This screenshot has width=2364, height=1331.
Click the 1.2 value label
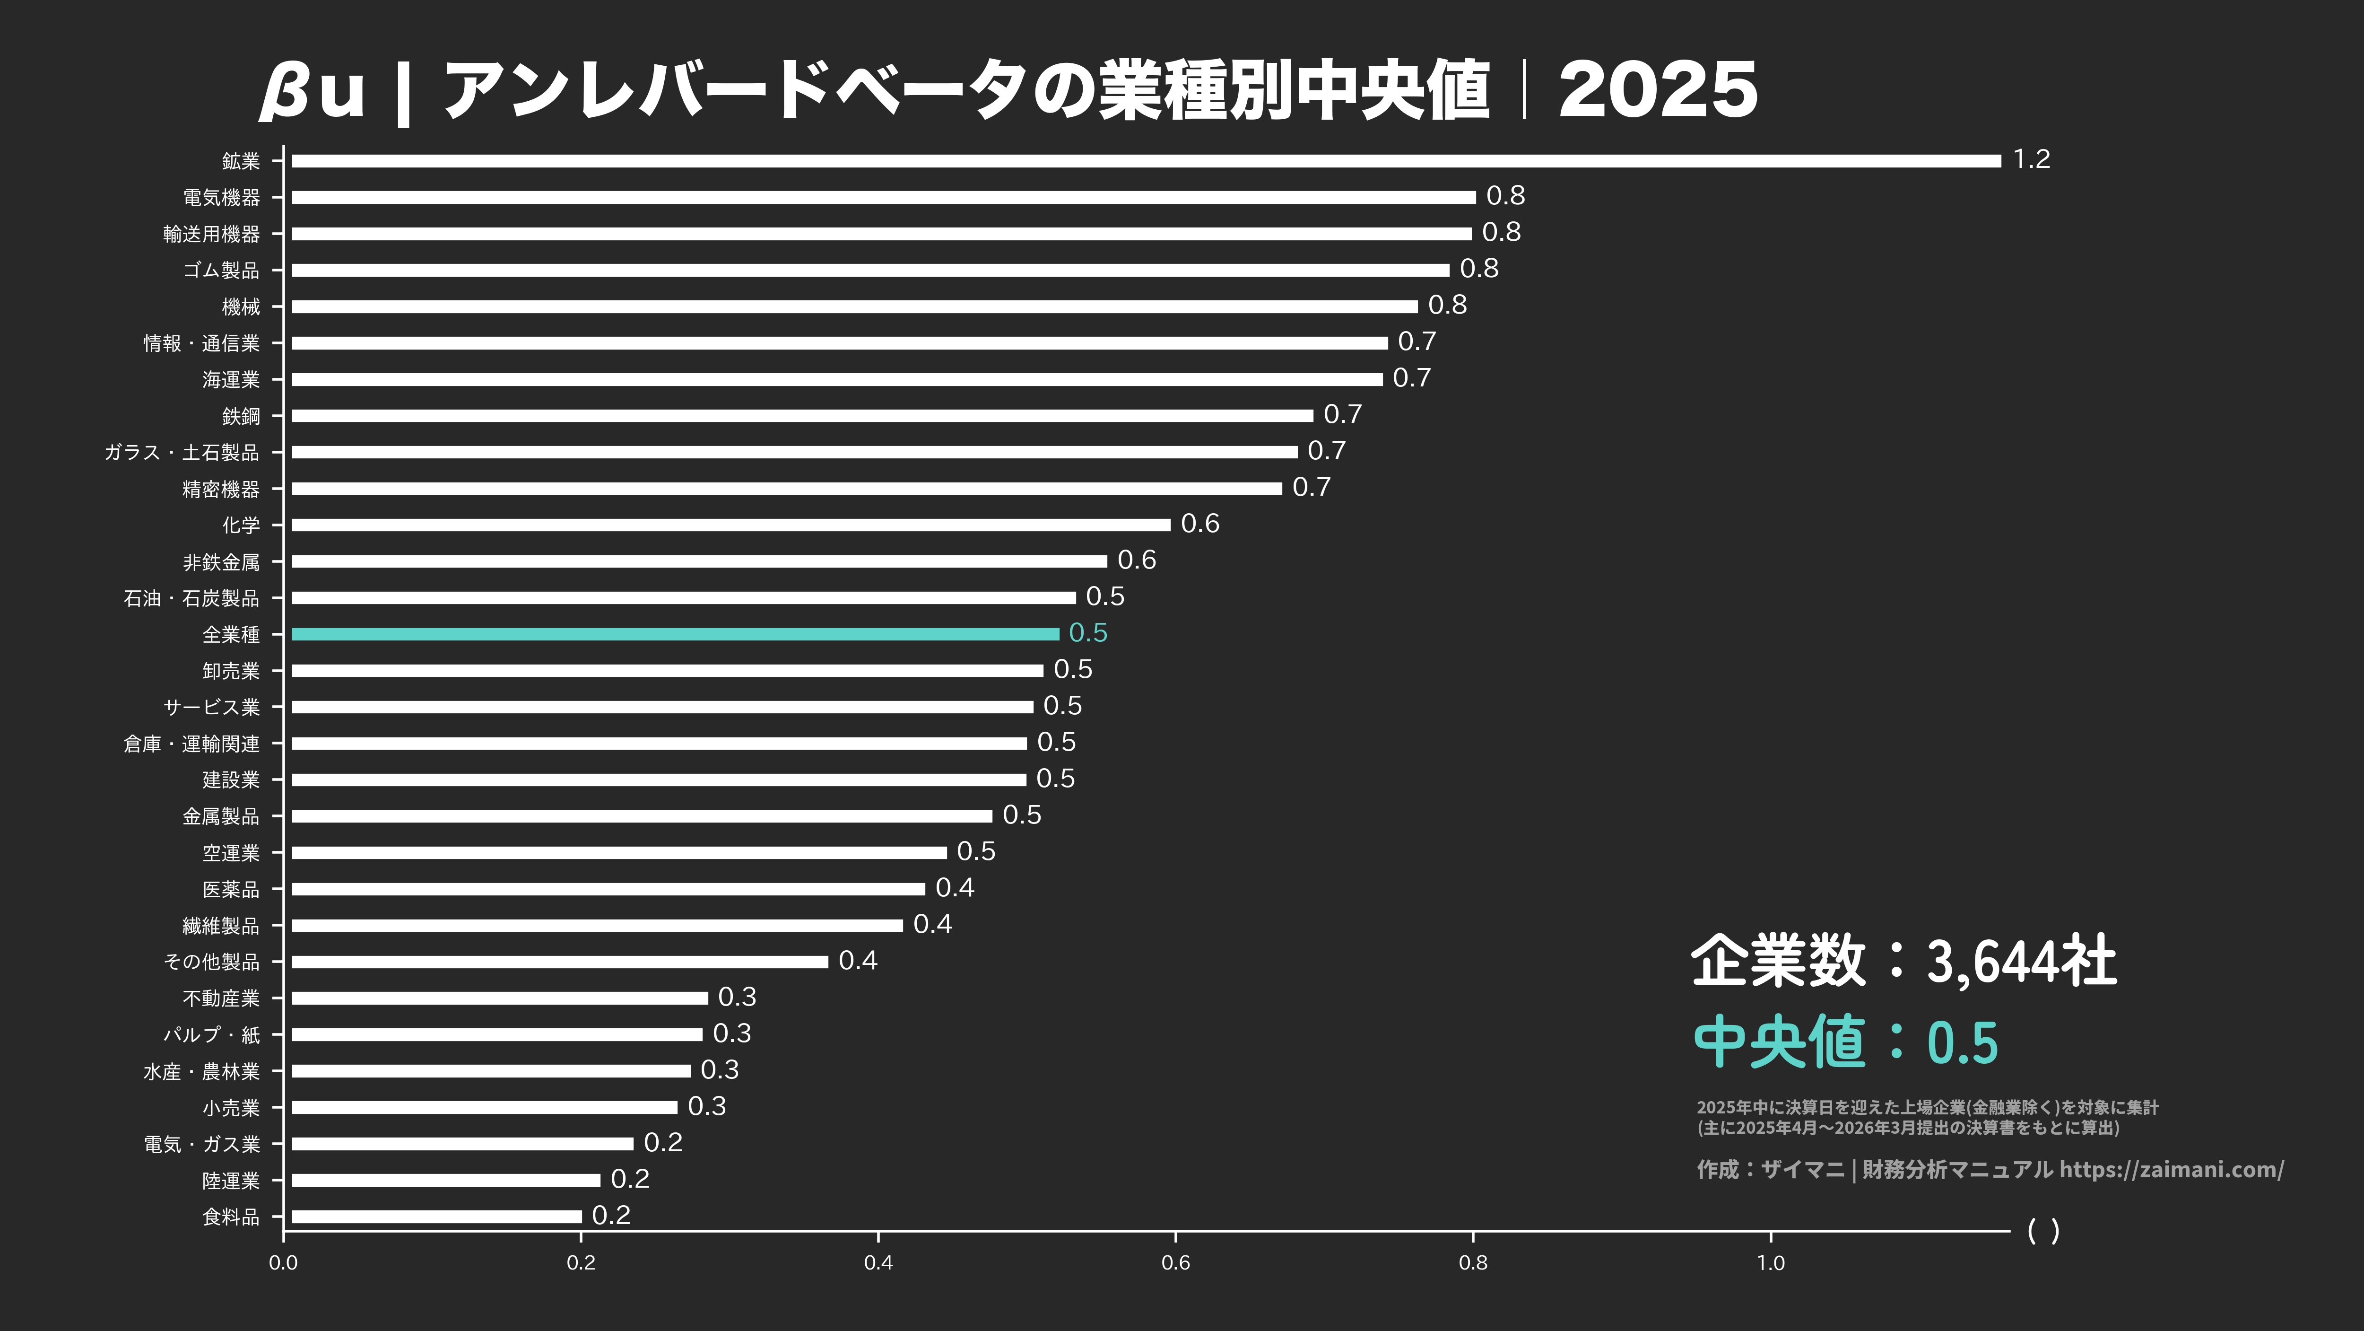2031,160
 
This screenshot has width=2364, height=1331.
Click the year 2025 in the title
1657,90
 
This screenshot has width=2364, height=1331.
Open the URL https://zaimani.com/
2171,1169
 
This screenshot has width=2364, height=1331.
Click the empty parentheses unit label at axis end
2043,1231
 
